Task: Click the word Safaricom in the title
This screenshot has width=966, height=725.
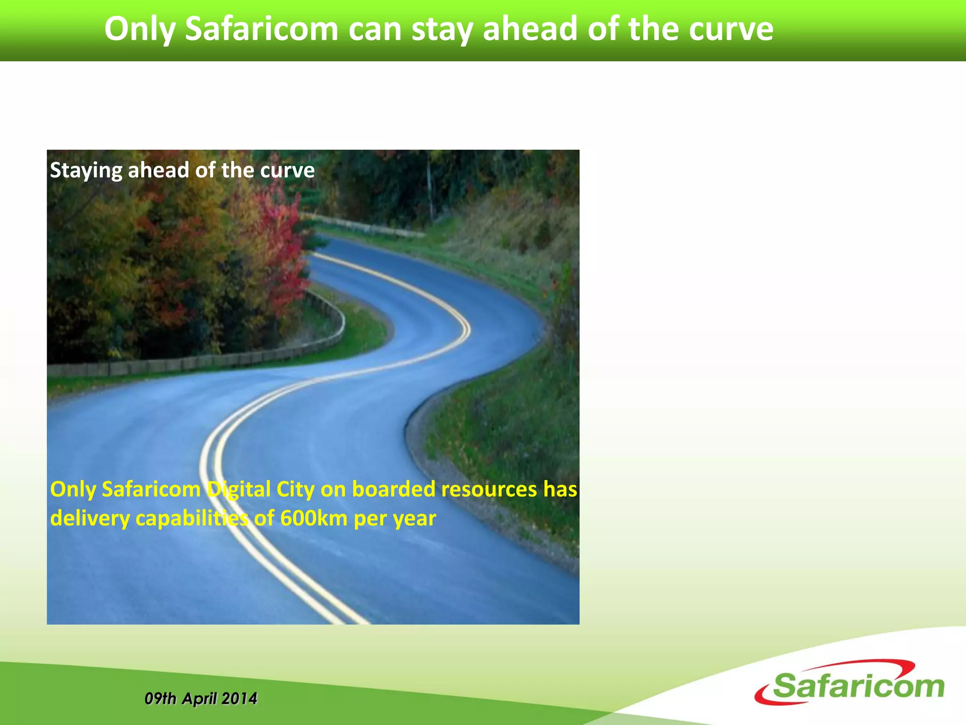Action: pos(261,29)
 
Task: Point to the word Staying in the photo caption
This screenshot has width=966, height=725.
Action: pos(86,171)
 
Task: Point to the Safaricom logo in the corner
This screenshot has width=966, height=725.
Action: pos(849,684)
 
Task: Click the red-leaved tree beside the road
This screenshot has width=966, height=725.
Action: pos(278,245)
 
